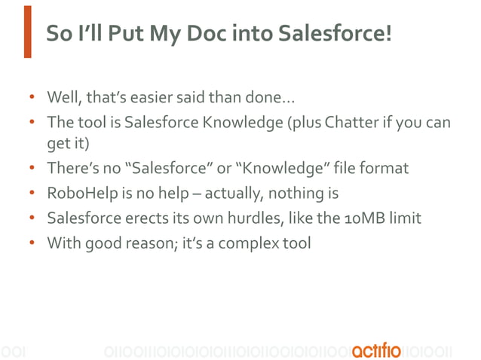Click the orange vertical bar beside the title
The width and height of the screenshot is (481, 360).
click(x=27, y=32)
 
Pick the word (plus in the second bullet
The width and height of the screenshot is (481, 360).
click(x=303, y=121)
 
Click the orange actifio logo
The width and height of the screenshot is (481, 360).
click(x=376, y=350)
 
